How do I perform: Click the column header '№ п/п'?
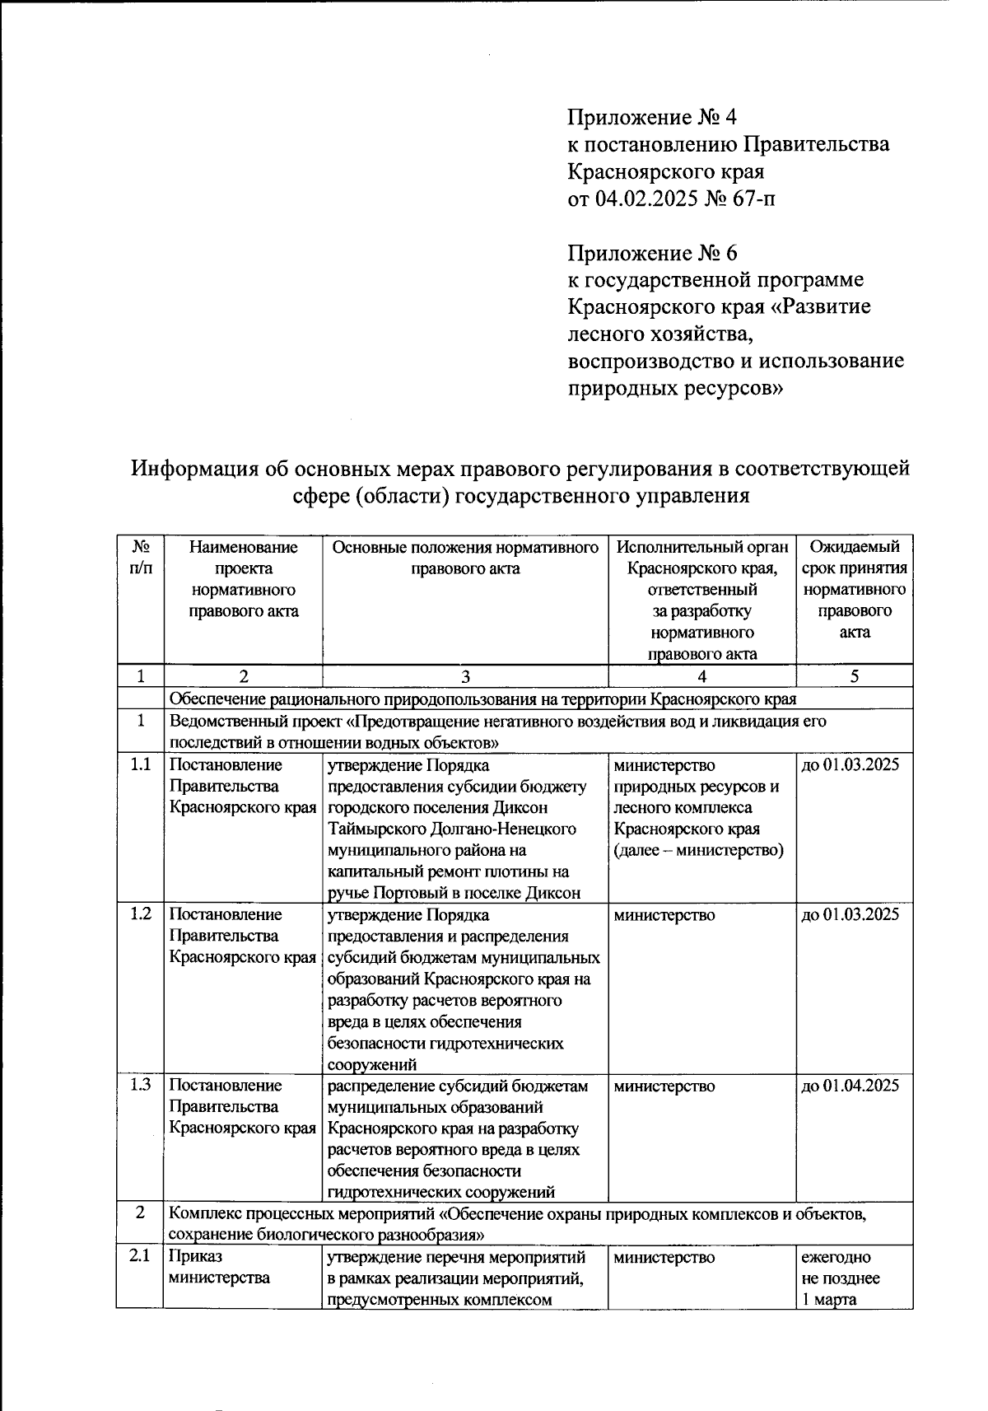[x=140, y=558]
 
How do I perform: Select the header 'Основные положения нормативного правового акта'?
[x=465, y=558]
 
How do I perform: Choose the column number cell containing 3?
[x=465, y=676]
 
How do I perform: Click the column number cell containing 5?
[x=855, y=676]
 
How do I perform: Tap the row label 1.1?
[x=140, y=764]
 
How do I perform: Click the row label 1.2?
[x=140, y=914]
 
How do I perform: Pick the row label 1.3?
[x=140, y=1086]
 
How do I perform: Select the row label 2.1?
[x=140, y=1257]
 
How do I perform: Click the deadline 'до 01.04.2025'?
[x=851, y=1086]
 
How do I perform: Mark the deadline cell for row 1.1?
[x=851, y=764]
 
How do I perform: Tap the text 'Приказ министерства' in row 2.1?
[x=219, y=1268]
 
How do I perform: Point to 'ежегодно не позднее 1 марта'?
[x=840, y=1278]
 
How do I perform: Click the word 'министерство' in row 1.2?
[x=664, y=914]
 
